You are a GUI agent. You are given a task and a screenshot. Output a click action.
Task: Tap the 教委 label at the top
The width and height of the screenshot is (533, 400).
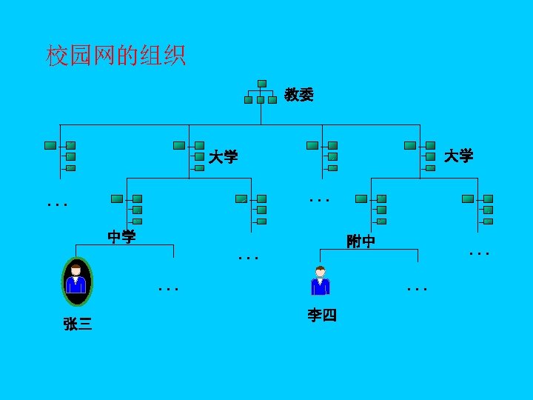tap(299, 95)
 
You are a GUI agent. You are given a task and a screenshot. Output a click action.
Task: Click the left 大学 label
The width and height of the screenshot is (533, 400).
tap(223, 157)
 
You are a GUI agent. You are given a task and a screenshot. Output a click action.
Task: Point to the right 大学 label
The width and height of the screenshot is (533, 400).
tap(458, 156)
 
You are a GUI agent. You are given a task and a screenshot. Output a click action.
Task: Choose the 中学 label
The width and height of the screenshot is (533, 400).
tap(121, 237)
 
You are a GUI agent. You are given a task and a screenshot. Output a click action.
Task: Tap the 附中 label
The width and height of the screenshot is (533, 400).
tap(361, 241)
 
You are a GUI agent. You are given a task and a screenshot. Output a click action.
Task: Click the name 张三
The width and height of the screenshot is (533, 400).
tap(78, 324)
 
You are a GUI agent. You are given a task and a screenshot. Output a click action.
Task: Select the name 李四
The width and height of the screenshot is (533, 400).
tap(322, 316)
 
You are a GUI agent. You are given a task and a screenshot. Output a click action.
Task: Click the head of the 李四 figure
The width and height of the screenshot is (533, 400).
tap(320, 270)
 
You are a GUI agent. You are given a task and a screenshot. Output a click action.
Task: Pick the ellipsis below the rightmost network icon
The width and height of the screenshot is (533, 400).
tap(480, 254)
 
